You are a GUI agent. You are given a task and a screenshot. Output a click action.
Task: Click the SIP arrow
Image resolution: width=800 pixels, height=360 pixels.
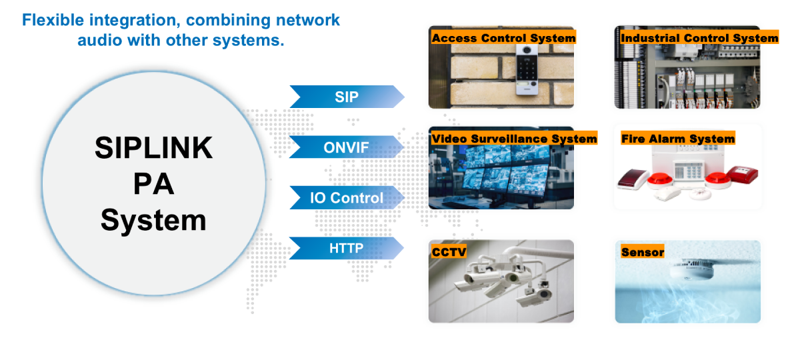347,97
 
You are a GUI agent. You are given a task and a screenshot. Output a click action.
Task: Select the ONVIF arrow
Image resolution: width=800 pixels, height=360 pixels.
347,147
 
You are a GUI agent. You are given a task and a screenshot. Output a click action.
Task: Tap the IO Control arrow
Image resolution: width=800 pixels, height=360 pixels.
347,197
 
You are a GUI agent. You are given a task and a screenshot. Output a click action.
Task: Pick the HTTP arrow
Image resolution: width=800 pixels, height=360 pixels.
347,248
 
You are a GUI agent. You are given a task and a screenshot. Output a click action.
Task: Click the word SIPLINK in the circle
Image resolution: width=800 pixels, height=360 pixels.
153,148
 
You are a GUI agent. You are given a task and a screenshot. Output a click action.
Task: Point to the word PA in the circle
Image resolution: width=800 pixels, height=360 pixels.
153,184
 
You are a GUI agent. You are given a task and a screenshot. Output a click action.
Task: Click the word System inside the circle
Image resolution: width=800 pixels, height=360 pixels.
153,221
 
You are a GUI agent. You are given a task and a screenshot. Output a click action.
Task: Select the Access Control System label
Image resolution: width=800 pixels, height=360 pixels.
503,37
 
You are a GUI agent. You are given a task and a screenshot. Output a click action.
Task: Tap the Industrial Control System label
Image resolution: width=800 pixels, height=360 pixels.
699,37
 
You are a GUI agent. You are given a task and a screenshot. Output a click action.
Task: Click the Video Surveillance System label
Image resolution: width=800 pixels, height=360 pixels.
514,138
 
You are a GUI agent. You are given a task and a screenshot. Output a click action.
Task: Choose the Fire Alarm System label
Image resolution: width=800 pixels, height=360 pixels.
678,138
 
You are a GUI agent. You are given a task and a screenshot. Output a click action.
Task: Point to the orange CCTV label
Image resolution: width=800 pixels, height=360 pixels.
449,252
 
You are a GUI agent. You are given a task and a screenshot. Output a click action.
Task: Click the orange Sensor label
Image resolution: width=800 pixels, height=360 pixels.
642,252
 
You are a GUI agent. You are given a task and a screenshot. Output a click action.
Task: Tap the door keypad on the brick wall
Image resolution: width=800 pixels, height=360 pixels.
527,70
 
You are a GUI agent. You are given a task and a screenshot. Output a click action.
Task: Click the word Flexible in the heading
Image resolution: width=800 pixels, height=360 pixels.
53,20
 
